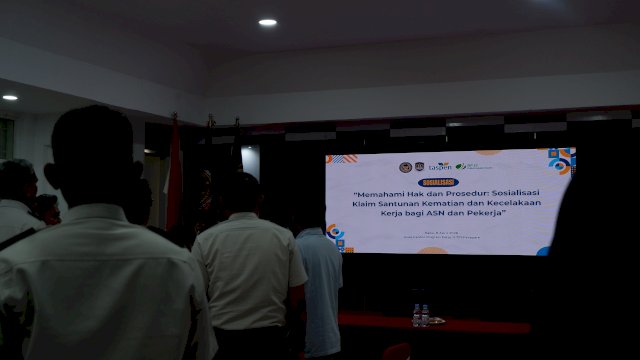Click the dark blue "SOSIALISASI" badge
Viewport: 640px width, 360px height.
(x=440, y=182)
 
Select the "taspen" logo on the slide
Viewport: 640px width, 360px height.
(x=440, y=167)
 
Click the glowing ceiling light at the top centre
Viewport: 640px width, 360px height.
(x=267, y=22)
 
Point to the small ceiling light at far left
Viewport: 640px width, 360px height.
(x=10, y=97)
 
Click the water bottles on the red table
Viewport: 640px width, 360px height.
(x=420, y=316)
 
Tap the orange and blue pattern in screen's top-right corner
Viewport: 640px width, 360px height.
(x=560, y=159)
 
